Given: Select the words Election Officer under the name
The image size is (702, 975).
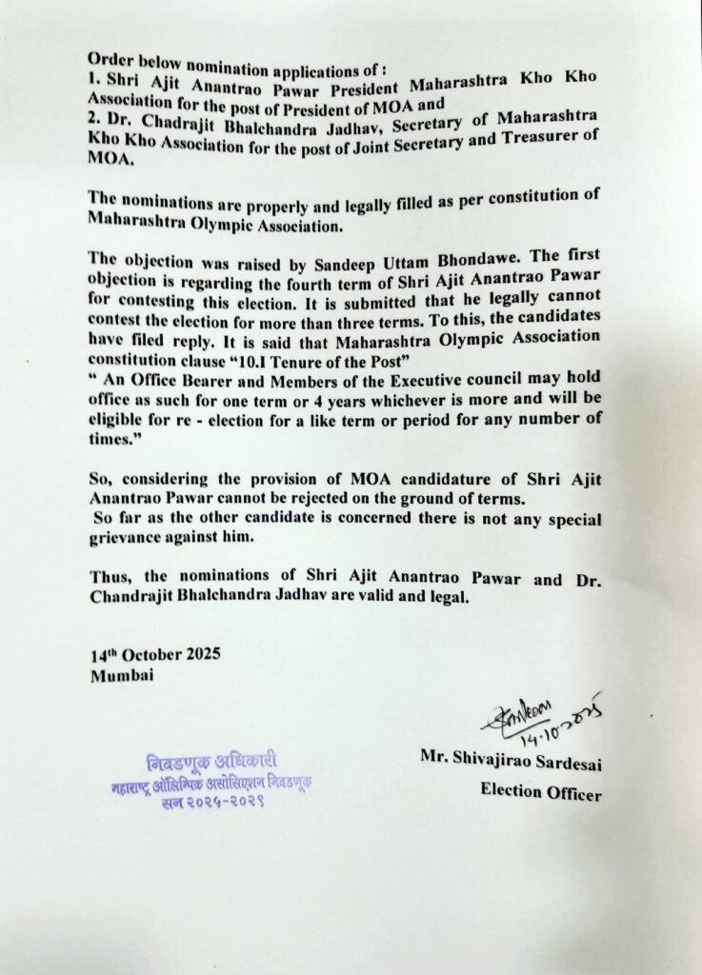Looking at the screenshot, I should [540, 789].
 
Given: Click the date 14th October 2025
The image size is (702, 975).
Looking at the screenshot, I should [157, 656].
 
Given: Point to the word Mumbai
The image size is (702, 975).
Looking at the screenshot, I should [120, 675].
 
